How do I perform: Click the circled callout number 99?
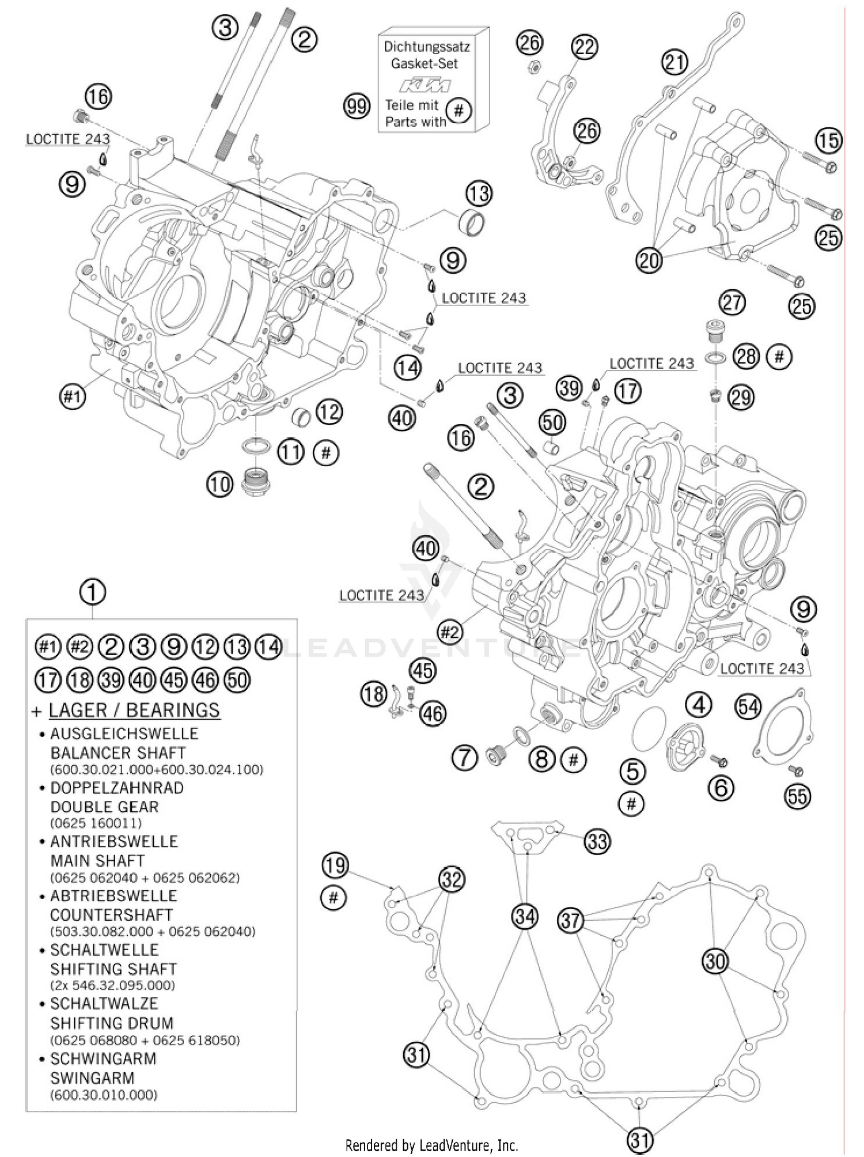357,107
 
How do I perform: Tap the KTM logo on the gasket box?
425,85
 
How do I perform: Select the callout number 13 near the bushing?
479,194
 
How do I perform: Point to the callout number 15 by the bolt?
828,141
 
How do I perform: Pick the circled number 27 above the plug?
732,303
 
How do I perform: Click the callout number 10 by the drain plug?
219,484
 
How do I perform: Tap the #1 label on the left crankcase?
73,396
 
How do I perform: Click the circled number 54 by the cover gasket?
748,707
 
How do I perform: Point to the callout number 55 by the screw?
798,796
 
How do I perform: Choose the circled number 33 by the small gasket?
597,842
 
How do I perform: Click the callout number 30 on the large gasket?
715,961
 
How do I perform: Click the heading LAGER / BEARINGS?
134,710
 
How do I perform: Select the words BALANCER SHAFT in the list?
118,753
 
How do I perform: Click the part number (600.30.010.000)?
103,1095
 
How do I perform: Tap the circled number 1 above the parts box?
93,592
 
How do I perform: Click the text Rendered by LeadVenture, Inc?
431,1144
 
